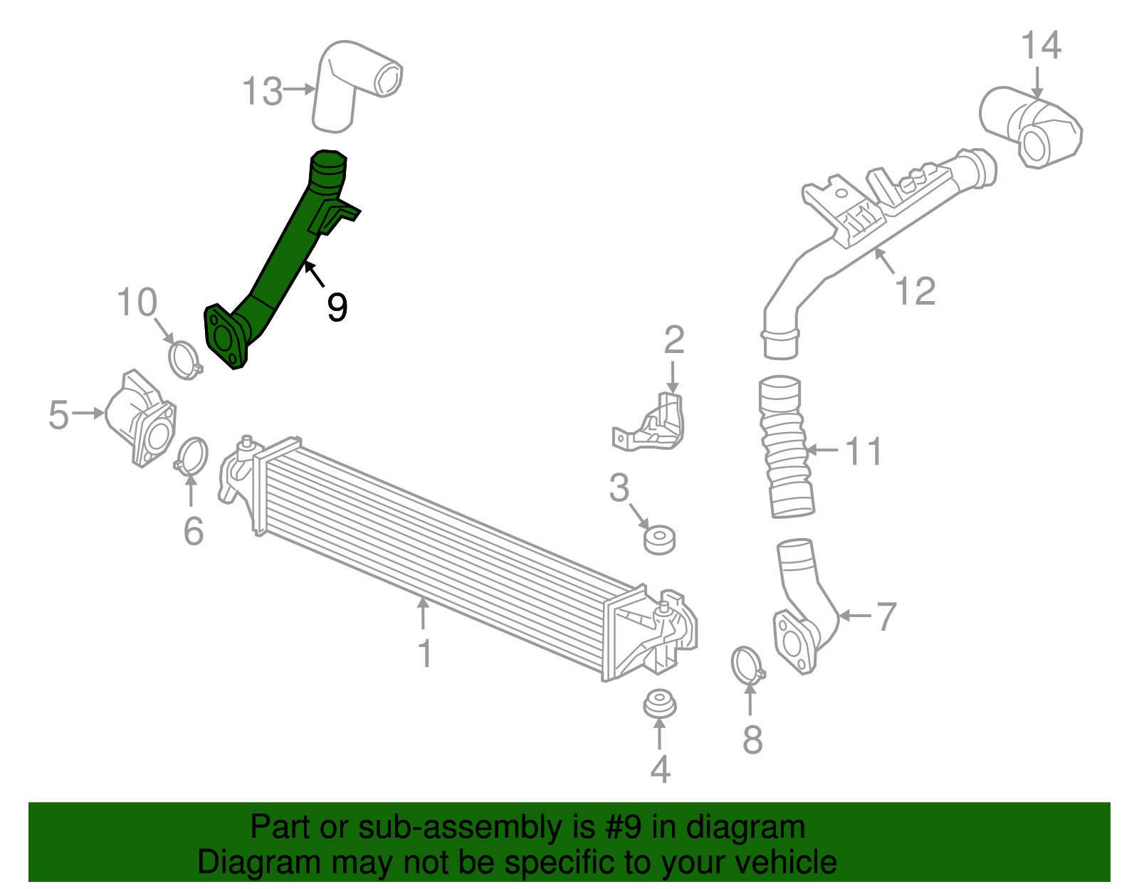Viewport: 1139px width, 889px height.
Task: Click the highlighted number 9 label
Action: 337,307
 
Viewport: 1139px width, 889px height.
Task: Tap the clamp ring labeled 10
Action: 184,359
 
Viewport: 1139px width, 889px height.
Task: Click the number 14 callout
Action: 1041,46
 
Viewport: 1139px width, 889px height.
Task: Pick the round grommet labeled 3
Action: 659,540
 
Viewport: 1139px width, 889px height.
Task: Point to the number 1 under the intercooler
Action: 425,653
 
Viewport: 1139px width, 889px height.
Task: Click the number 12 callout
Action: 915,290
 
